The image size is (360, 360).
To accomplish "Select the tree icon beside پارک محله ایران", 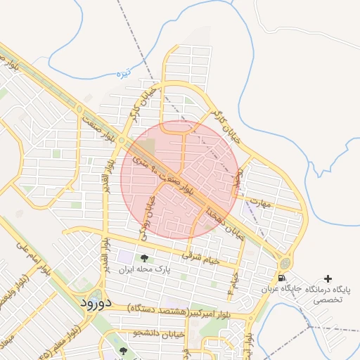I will (x=145, y=258).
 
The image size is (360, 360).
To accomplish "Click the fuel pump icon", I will (x=282, y=278).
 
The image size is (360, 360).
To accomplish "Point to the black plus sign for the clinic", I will (x=328, y=279).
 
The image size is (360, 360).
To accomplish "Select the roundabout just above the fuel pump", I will (x=285, y=263).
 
